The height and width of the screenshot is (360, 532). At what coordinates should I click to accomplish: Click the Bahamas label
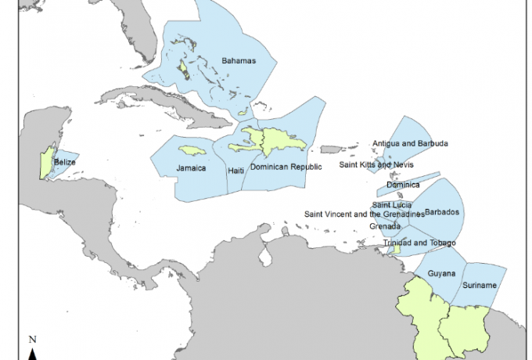pyautogui.click(x=239, y=60)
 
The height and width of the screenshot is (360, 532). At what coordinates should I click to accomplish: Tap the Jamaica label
pyautogui.click(x=191, y=167)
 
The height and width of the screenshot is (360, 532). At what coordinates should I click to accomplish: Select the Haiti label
pyautogui.click(x=235, y=170)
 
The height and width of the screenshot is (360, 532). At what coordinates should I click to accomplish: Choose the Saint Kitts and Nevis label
pyautogui.click(x=376, y=165)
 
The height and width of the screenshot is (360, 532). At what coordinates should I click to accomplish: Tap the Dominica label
pyautogui.click(x=404, y=185)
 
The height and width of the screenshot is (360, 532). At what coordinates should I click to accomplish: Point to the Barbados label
pyautogui.click(x=442, y=213)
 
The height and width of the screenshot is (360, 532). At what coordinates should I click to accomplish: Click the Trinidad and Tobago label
pyautogui.click(x=419, y=243)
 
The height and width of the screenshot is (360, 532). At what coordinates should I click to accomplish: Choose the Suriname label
pyautogui.click(x=479, y=286)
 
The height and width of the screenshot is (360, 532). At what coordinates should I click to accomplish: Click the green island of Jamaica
pyautogui.click(x=192, y=149)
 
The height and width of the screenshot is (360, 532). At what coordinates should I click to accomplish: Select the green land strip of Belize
pyautogui.click(x=45, y=163)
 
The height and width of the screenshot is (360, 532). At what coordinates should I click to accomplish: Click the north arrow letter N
pyautogui.click(x=33, y=340)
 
